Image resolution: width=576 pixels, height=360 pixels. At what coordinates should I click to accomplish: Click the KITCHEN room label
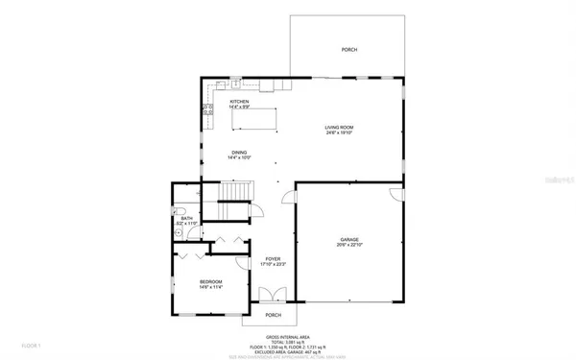[239, 102]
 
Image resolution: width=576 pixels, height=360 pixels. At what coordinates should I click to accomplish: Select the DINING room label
[239, 152]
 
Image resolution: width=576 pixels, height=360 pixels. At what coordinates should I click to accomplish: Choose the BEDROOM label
[211, 281]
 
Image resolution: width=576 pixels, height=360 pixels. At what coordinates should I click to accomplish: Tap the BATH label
[187, 218]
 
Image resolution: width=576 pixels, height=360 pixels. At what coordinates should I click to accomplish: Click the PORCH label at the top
[349, 50]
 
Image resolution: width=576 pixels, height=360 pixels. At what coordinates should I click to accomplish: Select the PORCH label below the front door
[273, 314]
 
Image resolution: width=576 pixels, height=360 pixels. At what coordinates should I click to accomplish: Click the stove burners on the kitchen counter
[206, 110]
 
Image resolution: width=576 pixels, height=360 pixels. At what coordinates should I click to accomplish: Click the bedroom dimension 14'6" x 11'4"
[211, 287]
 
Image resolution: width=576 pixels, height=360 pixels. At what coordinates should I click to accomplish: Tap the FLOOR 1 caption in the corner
[32, 344]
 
